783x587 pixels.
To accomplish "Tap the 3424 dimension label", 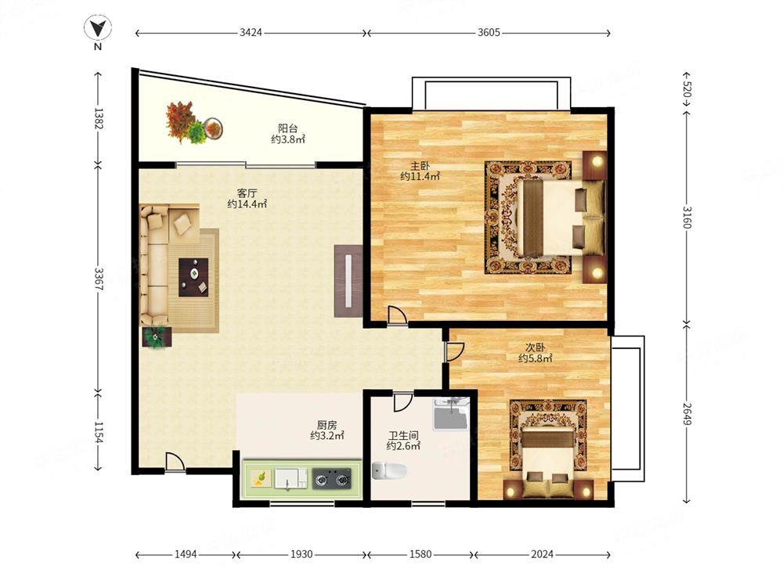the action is pyautogui.click(x=251, y=33).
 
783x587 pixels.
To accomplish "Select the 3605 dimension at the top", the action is pyautogui.click(x=489, y=33).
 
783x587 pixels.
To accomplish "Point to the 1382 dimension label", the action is pyautogui.click(x=98, y=118).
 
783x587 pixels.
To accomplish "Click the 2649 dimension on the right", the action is pyautogui.click(x=687, y=414).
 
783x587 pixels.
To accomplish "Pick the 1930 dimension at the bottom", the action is pyautogui.click(x=301, y=554).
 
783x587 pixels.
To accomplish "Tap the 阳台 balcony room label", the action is pyautogui.click(x=288, y=129).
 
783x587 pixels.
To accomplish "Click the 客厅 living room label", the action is pyautogui.click(x=247, y=193).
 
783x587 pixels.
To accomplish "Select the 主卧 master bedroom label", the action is pyautogui.click(x=420, y=166).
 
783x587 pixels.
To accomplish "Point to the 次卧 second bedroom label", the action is pyautogui.click(x=535, y=348).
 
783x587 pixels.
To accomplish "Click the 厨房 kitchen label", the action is pyautogui.click(x=327, y=425).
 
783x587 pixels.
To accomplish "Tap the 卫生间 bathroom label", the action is pyautogui.click(x=403, y=436).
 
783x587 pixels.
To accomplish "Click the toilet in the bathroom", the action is pyautogui.click(x=389, y=470).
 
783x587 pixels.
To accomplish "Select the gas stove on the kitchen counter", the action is pyautogui.click(x=331, y=479).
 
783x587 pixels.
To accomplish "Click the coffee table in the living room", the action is pyautogui.click(x=193, y=277).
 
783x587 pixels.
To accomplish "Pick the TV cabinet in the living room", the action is pyautogui.click(x=348, y=281).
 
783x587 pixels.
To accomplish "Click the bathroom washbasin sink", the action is pyautogui.click(x=451, y=414).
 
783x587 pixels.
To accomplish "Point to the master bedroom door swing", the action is pyautogui.click(x=397, y=315).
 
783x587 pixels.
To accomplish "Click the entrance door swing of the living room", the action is pyautogui.click(x=175, y=462).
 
